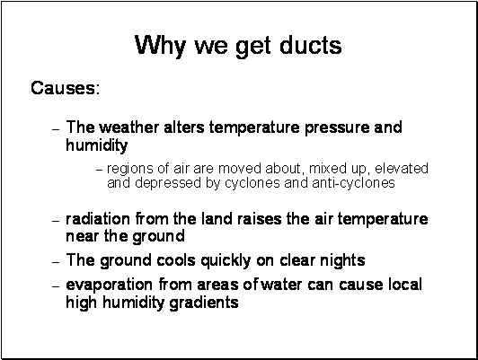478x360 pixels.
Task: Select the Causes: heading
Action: [x=66, y=88]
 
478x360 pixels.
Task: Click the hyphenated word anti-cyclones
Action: [x=353, y=183]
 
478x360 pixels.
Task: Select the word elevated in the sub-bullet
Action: [x=402, y=169]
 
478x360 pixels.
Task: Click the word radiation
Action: [x=98, y=219]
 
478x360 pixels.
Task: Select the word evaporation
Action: [x=109, y=285]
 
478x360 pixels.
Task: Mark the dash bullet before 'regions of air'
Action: [x=99, y=170]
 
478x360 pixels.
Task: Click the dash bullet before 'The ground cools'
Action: [x=56, y=262]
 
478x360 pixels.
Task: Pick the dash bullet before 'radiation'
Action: [x=56, y=221]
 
